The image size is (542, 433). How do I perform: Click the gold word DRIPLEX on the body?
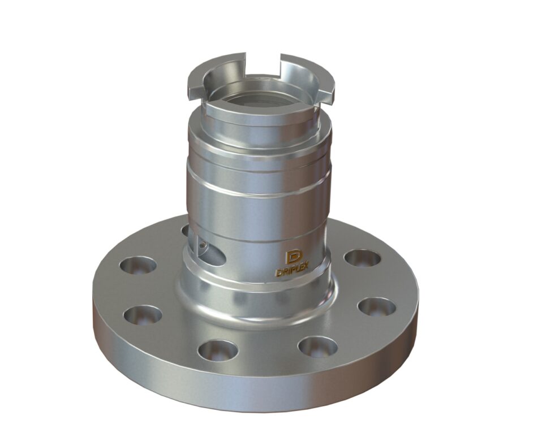(292, 272)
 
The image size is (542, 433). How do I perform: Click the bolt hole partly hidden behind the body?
(186, 230)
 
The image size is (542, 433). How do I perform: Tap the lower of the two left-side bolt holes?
(142, 314)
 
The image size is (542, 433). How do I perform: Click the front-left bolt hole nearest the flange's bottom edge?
(218, 349)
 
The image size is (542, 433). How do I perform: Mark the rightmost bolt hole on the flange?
(377, 307)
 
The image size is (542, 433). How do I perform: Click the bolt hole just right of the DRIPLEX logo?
(362, 258)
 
